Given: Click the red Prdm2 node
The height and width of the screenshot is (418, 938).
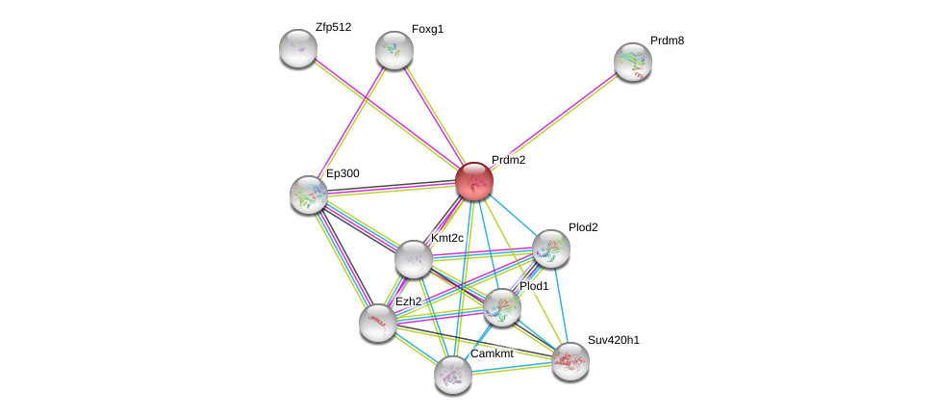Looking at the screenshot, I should [x=474, y=181].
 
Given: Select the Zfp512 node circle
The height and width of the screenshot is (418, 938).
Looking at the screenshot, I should [x=298, y=48].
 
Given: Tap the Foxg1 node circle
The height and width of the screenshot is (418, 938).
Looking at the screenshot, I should [x=394, y=50].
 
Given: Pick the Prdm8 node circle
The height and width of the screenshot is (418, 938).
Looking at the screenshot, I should [x=633, y=62].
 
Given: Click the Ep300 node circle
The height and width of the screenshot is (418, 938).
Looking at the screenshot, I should [x=309, y=195].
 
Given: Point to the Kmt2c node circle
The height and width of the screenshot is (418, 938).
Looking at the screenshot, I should [x=413, y=259].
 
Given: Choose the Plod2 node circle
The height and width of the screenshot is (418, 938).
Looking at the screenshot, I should [x=551, y=248].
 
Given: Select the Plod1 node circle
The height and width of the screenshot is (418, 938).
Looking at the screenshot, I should [x=502, y=307].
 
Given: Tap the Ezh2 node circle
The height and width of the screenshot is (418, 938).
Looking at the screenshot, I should [x=378, y=323].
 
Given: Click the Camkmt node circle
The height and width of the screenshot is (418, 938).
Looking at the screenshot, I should [x=453, y=375].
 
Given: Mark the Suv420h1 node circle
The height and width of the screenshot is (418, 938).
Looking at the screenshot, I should [x=570, y=361].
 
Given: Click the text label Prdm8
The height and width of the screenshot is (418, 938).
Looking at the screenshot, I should [x=667, y=40].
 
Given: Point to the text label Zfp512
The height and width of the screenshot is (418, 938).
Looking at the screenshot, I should [x=333, y=27].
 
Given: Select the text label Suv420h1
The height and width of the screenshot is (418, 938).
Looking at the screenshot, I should [x=613, y=340].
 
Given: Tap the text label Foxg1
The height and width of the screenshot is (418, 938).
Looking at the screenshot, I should [x=427, y=29].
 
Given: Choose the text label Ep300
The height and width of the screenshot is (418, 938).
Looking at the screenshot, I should [x=342, y=173].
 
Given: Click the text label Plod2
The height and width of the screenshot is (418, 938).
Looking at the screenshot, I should [x=583, y=227].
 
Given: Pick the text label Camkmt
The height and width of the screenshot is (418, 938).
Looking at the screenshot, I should [x=492, y=353].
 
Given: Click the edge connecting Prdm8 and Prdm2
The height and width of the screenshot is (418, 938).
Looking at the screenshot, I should [x=553, y=121].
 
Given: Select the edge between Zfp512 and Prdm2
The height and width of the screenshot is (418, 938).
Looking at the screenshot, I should [x=385, y=114].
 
